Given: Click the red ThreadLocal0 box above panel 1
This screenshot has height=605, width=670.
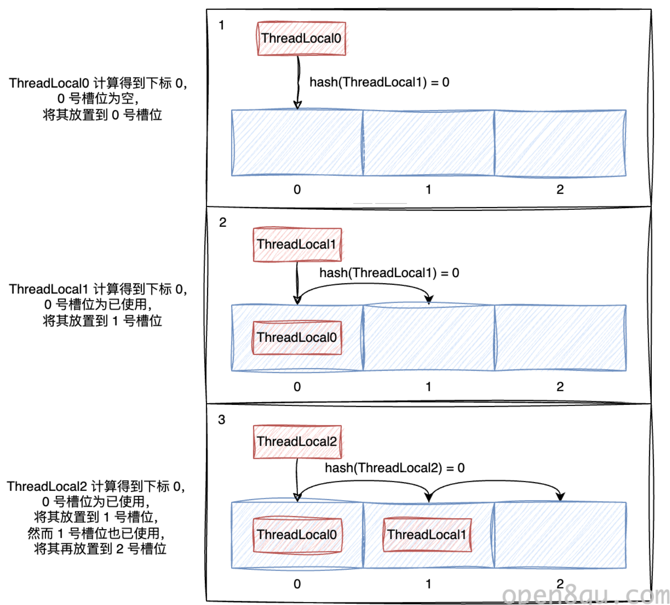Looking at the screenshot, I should click(x=301, y=39).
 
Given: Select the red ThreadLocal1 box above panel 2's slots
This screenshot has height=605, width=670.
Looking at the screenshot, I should click(x=297, y=245).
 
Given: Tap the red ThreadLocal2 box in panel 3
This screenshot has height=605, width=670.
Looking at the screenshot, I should click(x=297, y=442).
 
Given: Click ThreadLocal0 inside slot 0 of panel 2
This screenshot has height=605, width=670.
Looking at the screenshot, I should click(x=297, y=338).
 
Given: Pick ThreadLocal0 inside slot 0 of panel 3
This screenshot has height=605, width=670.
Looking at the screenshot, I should click(x=297, y=535).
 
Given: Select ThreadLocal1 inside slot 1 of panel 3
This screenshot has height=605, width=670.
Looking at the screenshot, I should click(x=427, y=535).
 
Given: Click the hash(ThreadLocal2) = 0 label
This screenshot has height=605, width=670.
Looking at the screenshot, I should click(x=395, y=468).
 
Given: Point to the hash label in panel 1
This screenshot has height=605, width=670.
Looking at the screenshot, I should click(x=379, y=82).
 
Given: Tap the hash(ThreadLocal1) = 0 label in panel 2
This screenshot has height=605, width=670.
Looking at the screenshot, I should click(x=389, y=273).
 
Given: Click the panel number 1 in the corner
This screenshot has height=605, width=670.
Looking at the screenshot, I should click(x=221, y=25).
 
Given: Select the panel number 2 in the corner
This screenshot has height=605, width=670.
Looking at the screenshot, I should click(x=222, y=222).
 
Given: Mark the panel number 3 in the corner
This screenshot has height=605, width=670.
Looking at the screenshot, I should click(x=221, y=420).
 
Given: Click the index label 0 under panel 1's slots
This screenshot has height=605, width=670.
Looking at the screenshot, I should click(x=297, y=189).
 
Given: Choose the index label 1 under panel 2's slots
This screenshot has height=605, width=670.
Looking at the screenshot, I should click(x=429, y=387).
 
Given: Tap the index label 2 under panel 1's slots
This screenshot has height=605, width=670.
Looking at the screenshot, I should click(x=560, y=189).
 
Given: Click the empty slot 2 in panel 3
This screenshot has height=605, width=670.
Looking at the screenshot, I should click(x=560, y=535).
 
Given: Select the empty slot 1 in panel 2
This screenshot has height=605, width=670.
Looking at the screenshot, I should click(x=429, y=338).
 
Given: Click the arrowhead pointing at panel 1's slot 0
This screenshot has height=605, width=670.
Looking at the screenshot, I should click(x=298, y=105).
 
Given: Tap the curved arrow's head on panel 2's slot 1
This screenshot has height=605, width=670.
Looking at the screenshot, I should click(x=429, y=299).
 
